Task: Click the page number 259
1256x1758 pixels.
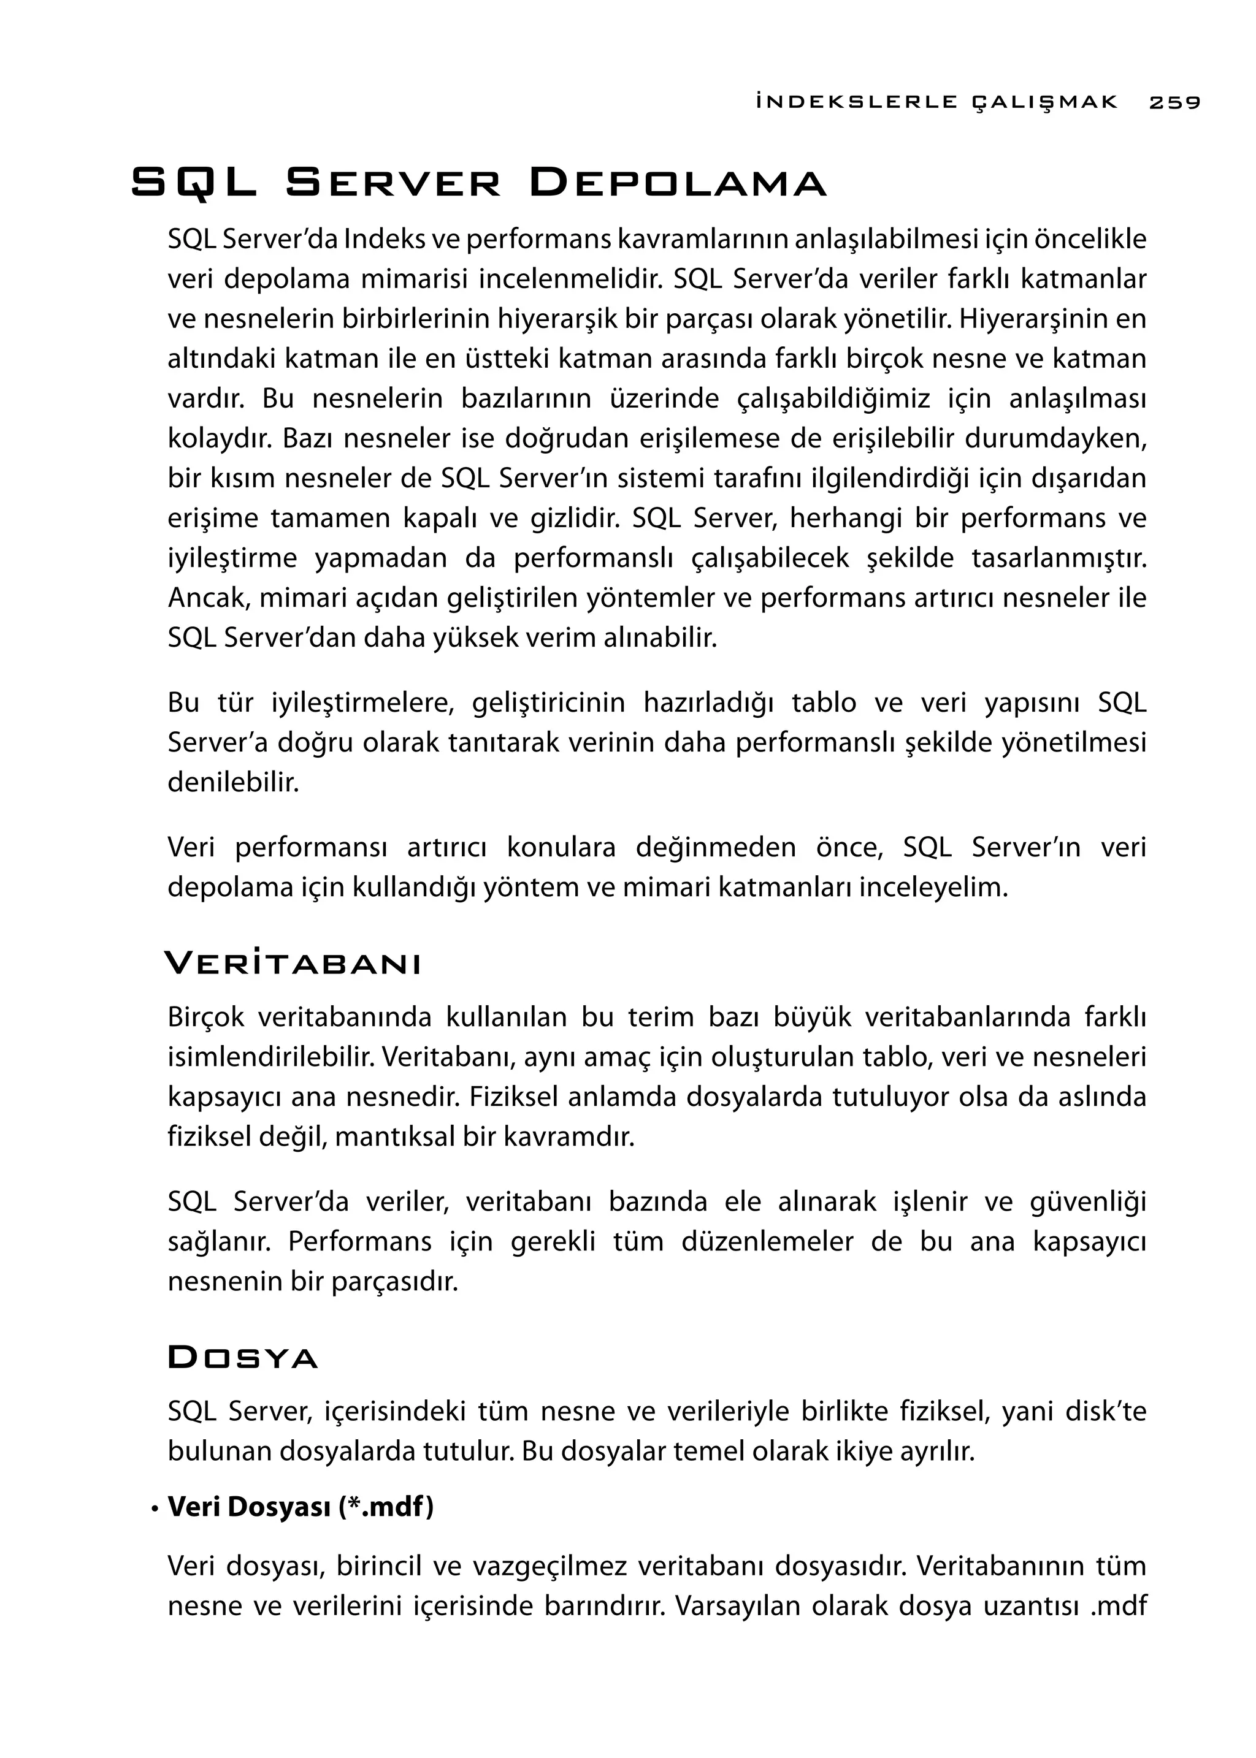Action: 1174,102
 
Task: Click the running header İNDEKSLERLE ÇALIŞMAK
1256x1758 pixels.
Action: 936,102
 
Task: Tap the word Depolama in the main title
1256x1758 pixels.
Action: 678,183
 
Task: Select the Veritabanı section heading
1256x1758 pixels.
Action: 293,964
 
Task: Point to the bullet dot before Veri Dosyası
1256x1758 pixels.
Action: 155,1509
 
